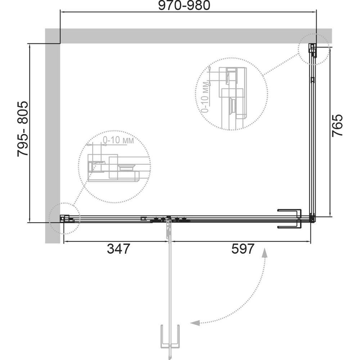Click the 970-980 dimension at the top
click(x=184, y=5)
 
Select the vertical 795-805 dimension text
click(x=23, y=129)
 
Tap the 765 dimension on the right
click(x=337, y=125)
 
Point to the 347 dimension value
click(x=118, y=249)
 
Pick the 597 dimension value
click(x=243, y=249)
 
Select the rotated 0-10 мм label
click(x=205, y=97)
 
